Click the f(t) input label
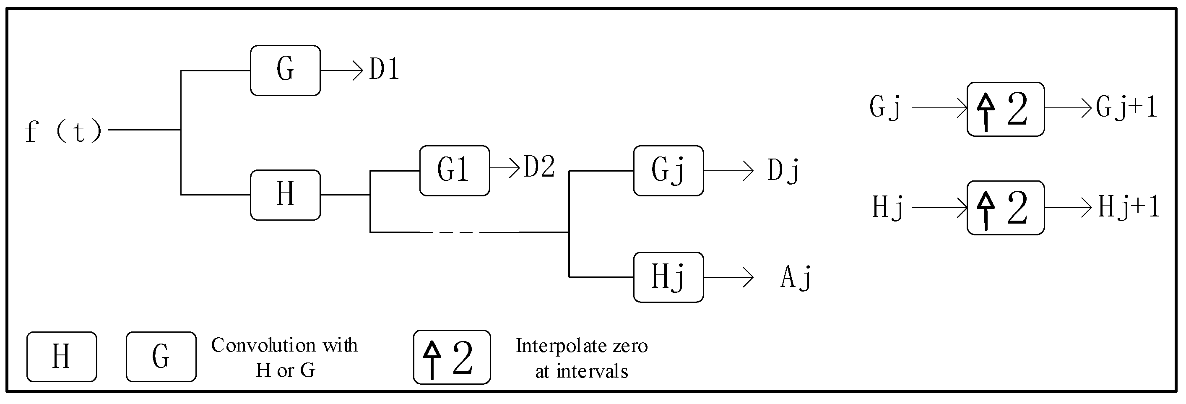click(64, 131)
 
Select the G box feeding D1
click(285, 70)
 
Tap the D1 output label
click(383, 70)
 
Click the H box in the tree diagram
click(285, 195)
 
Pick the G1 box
click(455, 170)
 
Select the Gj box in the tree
click(668, 170)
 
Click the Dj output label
click(783, 170)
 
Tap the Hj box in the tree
click(668, 277)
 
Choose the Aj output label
click(796, 277)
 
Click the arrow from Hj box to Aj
click(728, 277)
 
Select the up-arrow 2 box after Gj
click(1006, 109)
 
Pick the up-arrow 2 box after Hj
click(1006, 208)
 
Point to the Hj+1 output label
click(1129, 207)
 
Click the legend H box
click(62, 357)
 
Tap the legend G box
click(161, 357)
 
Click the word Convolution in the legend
click(263, 345)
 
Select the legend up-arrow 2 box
click(452, 357)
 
